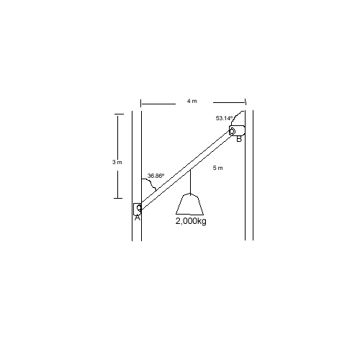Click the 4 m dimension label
tap(192, 101)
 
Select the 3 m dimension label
tap(117, 162)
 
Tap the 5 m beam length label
tap(217, 168)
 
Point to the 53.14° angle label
tap(225, 118)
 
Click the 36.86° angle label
tap(156, 176)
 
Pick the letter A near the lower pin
tap(137, 217)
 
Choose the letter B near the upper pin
tap(239, 139)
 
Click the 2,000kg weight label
tap(191, 221)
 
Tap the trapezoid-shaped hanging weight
tap(190, 204)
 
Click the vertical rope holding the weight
tap(190, 182)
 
